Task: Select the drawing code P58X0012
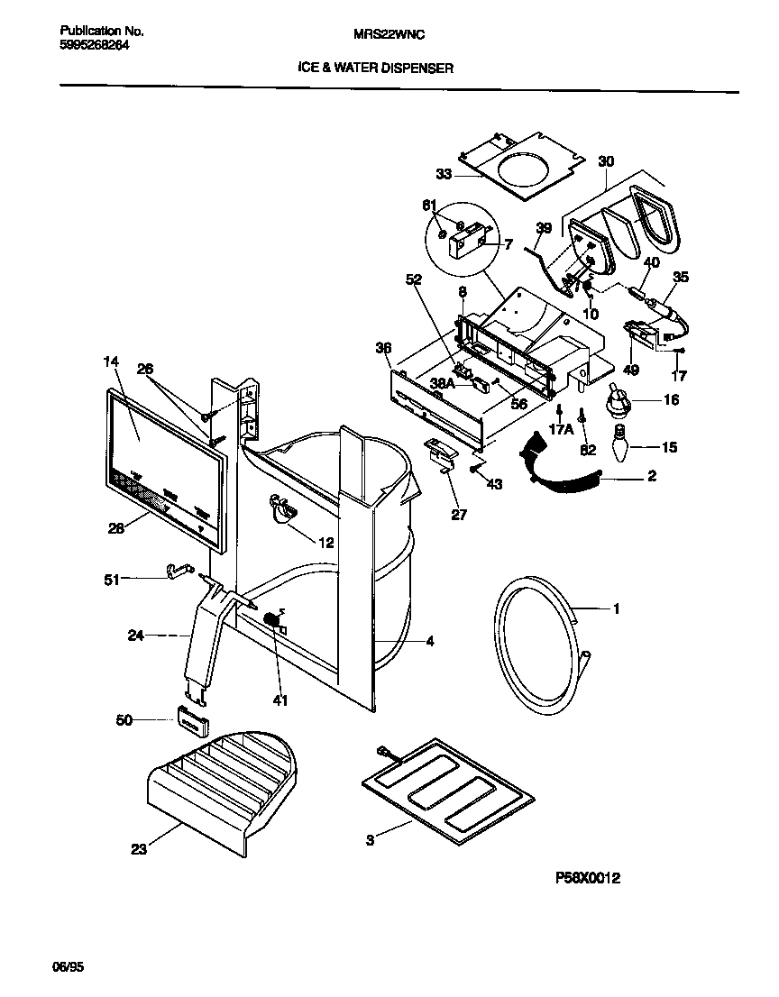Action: pyautogui.click(x=584, y=877)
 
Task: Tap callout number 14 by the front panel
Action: pyautogui.click(x=111, y=361)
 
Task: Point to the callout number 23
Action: pyautogui.click(x=139, y=848)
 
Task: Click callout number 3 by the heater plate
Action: pyautogui.click(x=371, y=840)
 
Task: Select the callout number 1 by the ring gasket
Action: pyautogui.click(x=616, y=609)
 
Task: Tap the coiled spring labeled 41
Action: pyautogui.click(x=270, y=622)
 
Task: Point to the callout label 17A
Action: pyautogui.click(x=560, y=430)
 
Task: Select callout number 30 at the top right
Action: pyautogui.click(x=606, y=161)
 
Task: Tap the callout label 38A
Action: pyautogui.click(x=442, y=383)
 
